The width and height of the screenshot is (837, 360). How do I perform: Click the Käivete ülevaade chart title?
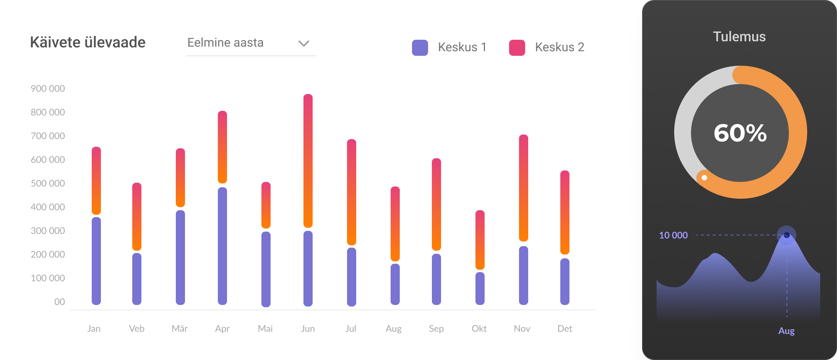[88, 42]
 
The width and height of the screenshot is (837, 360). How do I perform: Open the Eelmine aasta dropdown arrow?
[303, 43]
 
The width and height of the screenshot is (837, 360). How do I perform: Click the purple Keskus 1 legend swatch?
[420, 48]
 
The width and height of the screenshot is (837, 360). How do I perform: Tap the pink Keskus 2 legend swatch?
[517, 48]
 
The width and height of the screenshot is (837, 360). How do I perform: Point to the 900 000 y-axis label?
[48, 89]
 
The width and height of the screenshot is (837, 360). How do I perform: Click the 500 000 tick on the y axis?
[48, 183]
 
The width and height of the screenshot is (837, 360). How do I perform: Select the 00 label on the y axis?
[59, 302]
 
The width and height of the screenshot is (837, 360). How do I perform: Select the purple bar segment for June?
[308, 268]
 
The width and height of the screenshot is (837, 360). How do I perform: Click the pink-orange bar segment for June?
[308, 161]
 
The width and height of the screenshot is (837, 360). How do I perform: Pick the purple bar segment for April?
[222, 246]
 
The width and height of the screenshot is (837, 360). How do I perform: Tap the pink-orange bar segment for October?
[480, 240]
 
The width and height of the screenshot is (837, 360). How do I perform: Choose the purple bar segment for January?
[96, 261]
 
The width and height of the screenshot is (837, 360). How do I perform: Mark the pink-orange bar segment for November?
[524, 188]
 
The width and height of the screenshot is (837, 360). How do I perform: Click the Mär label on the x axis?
[180, 329]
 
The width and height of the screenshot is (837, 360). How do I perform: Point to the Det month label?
[564, 329]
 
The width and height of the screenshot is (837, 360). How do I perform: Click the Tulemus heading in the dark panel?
[739, 37]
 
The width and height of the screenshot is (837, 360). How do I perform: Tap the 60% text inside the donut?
[740, 133]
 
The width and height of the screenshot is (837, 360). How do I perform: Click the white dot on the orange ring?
[704, 178]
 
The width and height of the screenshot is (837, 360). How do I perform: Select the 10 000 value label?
[673, 235]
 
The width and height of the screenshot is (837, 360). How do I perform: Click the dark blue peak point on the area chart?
[787, 235]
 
